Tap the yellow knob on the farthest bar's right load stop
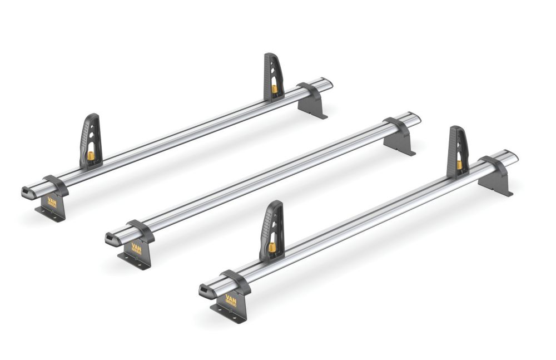(274, 88)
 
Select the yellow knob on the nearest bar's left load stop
(272, 247)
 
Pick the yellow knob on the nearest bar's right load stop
(459, 164)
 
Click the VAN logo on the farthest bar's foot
(52, 203)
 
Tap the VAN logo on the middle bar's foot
(136, 249)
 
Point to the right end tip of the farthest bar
(329, 83)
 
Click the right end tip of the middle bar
(417, 118)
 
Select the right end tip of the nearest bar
(514, 156)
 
